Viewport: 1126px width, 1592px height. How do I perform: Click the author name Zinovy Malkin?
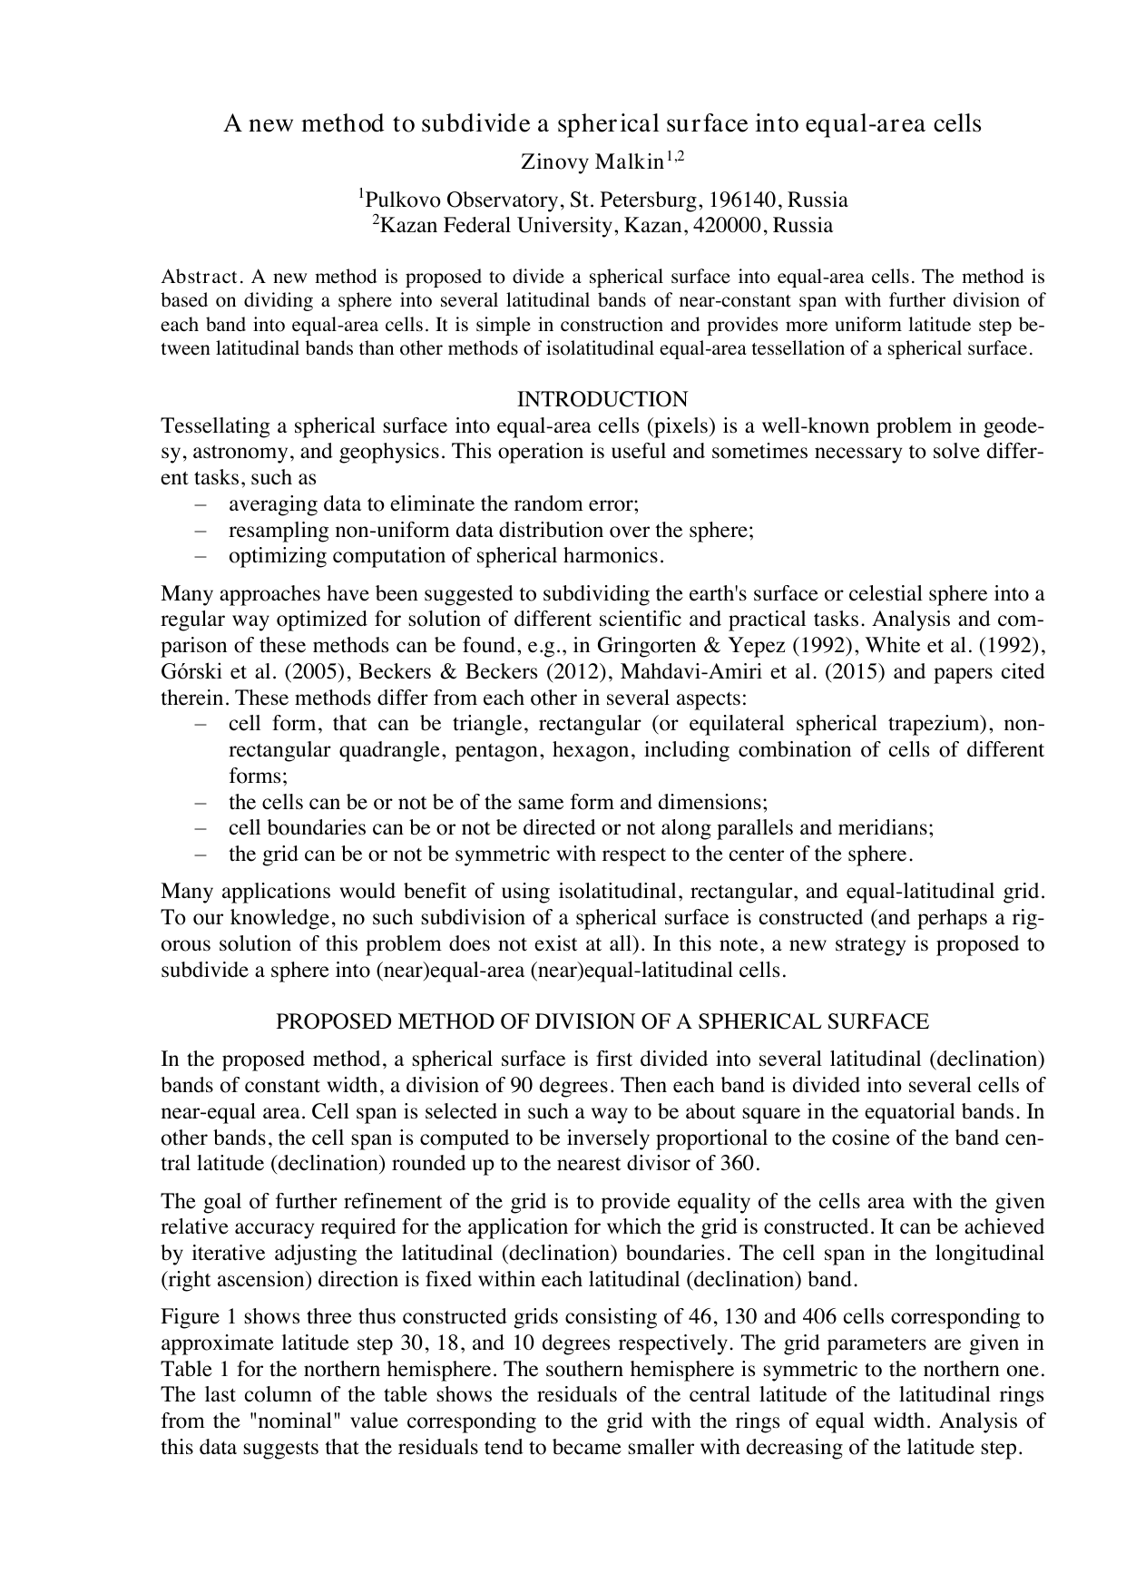tap(592, 162)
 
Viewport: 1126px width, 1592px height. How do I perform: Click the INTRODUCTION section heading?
tap(602, 399)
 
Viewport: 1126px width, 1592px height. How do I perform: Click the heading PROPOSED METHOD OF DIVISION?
tap(602, 1021)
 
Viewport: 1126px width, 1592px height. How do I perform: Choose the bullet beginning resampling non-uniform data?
tap(491, 530)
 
